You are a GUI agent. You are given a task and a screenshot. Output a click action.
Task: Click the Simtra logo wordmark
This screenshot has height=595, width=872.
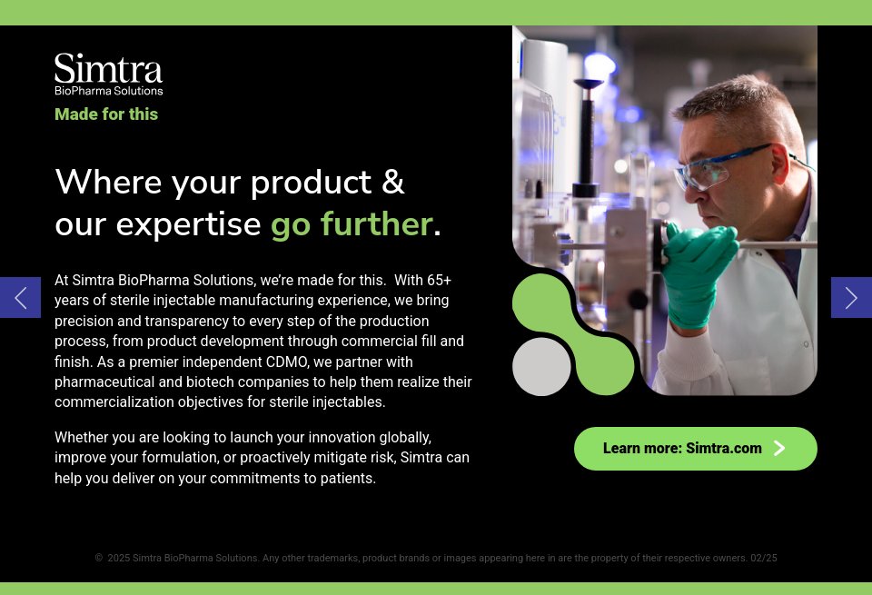click(108, 68)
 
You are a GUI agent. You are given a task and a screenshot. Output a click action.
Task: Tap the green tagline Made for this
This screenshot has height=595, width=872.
click(106, 114)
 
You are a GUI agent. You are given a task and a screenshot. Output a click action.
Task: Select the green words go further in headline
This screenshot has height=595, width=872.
click(351, 223)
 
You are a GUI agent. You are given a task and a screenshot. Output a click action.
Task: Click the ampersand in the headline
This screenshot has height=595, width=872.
click(392, 182)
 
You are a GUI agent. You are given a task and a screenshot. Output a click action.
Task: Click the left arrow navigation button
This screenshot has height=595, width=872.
click(20, 298)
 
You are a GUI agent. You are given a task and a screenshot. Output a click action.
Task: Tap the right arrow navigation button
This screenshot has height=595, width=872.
click(851, 298)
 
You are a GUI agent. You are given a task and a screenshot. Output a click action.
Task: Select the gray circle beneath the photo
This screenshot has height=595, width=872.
click(541, 367)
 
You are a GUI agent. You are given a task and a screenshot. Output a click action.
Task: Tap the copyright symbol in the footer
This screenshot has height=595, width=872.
click(99, 559)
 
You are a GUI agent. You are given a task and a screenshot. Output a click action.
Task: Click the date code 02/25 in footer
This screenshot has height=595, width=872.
click(763, 559)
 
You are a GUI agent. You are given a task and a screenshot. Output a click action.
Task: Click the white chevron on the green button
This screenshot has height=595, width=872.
click(778, 448)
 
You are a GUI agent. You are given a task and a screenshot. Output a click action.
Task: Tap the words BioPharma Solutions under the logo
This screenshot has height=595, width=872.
click(108, 90)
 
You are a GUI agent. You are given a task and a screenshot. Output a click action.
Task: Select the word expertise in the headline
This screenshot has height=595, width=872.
click(188, 223)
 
